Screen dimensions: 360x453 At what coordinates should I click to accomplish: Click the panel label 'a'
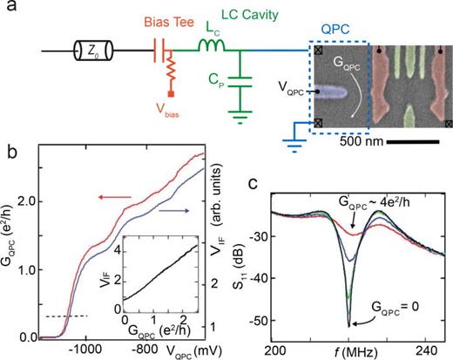(x=10, y=10)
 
